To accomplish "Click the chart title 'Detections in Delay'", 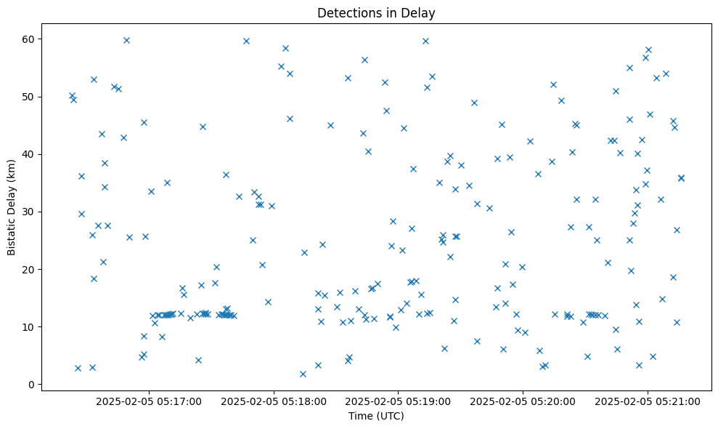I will (376, 12).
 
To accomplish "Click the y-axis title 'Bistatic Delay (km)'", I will (12, 207).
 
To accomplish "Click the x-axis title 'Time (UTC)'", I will (376, 416).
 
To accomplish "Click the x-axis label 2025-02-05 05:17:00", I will (149, 401).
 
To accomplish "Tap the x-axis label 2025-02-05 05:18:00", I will (274, 401).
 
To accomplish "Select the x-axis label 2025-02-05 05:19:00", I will (399, 401).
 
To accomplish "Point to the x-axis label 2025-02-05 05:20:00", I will (523, 401).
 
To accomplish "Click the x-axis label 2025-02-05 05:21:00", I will (648, 401).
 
